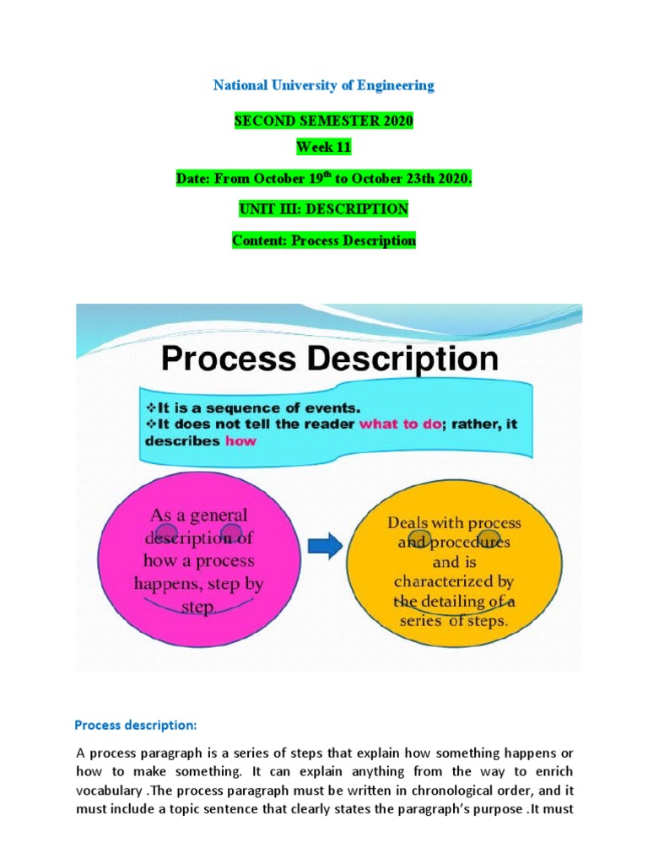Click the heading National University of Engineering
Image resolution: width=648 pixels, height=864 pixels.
tap(324, 85)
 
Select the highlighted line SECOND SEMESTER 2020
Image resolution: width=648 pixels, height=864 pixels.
tap(324, 121)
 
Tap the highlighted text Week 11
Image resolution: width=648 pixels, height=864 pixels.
tap(323, 148)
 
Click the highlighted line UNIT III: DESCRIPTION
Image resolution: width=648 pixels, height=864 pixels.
tap(324, 209)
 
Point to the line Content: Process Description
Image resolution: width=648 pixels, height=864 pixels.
tap(324, 240)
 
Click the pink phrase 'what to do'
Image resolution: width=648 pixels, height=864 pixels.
tap(400, 424)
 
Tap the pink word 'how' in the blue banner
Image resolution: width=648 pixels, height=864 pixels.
tap(241, 440)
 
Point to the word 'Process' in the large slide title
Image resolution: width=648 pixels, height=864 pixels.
tap(229, 359)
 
